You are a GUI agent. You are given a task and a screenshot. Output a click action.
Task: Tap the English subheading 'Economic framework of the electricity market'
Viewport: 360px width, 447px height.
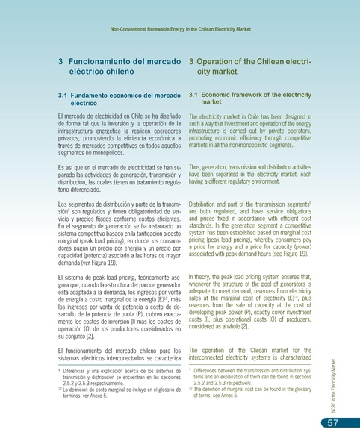[247, 100]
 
